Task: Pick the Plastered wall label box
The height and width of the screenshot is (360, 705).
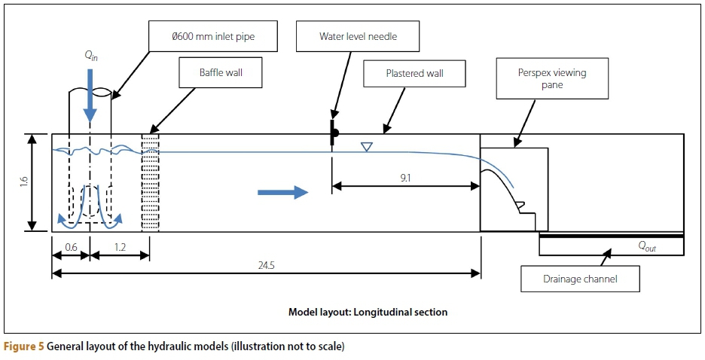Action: [414, 74]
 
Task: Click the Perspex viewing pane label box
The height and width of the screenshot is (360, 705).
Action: [552, 79]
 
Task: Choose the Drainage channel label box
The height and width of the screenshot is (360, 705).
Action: [580, 279]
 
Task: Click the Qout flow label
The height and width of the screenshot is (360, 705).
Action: [646, 246]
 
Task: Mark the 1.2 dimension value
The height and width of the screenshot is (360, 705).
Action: [120, 246]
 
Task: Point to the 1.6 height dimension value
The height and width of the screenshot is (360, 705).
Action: [23, 182]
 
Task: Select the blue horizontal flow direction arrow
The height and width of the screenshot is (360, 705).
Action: [282, 193]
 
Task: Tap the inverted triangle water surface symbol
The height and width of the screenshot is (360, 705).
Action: [366, 147]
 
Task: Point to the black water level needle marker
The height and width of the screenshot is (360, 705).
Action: [332, 133]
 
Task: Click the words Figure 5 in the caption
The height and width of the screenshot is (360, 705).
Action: [24, 347]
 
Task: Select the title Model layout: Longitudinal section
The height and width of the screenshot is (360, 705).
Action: [368, 312]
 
